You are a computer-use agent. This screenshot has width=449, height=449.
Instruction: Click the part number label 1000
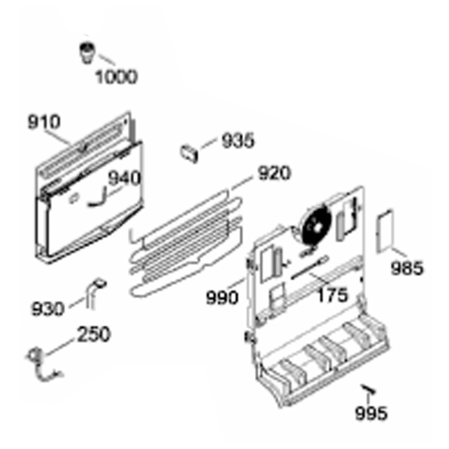(116, 77)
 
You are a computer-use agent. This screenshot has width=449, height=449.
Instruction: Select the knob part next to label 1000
(88, 53)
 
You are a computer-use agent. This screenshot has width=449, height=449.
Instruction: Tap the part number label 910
(44, 122)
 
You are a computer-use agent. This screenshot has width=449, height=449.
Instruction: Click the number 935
(238, 141)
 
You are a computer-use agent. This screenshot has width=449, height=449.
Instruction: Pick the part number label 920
(274, 173)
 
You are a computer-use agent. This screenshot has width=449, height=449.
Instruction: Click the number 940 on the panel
(124, 178)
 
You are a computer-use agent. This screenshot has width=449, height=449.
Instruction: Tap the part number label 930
(48, 309)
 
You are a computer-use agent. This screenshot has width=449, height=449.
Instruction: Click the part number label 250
(94, 334)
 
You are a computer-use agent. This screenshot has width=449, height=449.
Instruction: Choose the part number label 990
(222, 298)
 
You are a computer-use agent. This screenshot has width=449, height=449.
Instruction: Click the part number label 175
(332, 295)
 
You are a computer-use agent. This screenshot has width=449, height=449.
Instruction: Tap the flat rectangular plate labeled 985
(385, 231)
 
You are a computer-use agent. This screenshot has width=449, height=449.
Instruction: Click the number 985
(407, 269)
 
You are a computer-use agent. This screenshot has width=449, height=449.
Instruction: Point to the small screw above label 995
(369, 389)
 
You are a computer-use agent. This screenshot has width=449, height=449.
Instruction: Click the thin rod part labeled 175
(309, 268)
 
